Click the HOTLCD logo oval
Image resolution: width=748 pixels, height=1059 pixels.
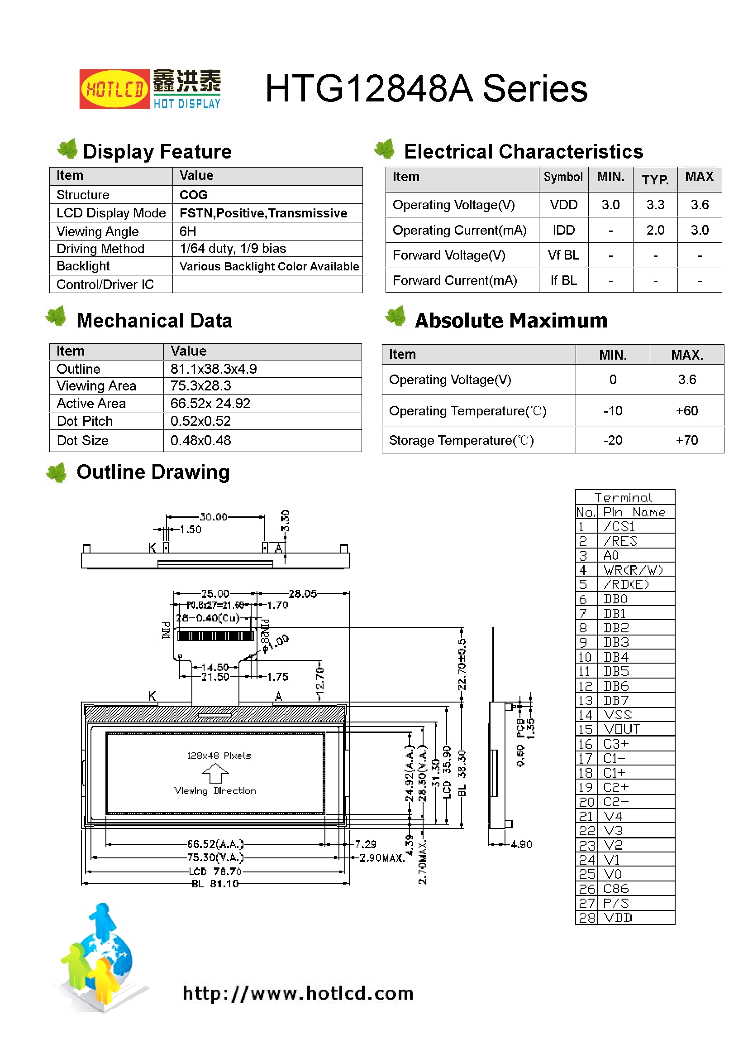click(114, 89)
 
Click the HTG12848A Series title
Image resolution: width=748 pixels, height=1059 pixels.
click(426, 89)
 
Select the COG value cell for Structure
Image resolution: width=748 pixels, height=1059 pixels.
click(194, 195)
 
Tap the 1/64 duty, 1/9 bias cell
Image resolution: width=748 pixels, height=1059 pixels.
click(233, 249)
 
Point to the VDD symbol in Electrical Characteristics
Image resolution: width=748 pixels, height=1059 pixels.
click(563, 205)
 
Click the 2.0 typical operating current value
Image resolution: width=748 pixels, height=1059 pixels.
click(655, 230)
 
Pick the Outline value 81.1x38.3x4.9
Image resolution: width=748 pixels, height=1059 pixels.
click(214, 369)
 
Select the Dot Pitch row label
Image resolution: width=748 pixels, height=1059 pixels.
click(85, 421)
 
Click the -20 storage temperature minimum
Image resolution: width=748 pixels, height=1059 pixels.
click(613, 440)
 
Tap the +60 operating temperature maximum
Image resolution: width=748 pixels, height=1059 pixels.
click(686, 411)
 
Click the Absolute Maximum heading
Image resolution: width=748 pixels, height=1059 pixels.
click(510, 321)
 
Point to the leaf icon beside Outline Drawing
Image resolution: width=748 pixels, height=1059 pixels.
click(57, 473)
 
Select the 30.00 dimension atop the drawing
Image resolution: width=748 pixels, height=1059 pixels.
click(214, 516)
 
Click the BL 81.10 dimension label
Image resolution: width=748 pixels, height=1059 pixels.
click(215, 884)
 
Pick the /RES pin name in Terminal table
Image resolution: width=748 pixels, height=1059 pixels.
click(620, 541)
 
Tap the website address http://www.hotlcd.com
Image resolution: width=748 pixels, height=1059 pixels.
click(298, 993)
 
